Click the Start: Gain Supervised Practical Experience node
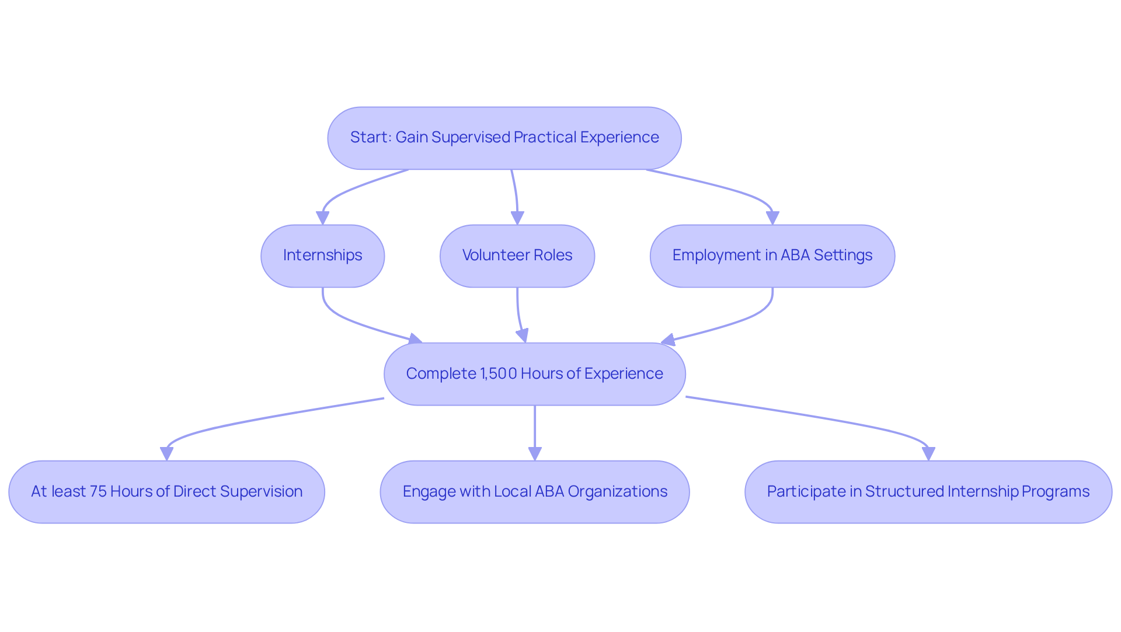(504, 138)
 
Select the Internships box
(322, 256)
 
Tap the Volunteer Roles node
(517, 256)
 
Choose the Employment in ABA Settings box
(772, 256)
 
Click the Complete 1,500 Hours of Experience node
(534, 374)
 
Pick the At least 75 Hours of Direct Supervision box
(166, 492)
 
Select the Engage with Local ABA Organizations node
(534, 492)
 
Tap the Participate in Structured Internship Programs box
(928, 492)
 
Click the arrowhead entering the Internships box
(322, 218)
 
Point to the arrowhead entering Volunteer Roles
(517, 218)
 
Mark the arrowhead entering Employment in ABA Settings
(772, 218)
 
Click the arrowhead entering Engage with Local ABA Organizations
(535, 454)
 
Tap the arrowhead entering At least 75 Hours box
(166, 454)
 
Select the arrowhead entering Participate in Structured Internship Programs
(928, 454)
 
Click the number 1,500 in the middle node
(498, 374)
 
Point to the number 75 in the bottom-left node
(98, 492)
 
